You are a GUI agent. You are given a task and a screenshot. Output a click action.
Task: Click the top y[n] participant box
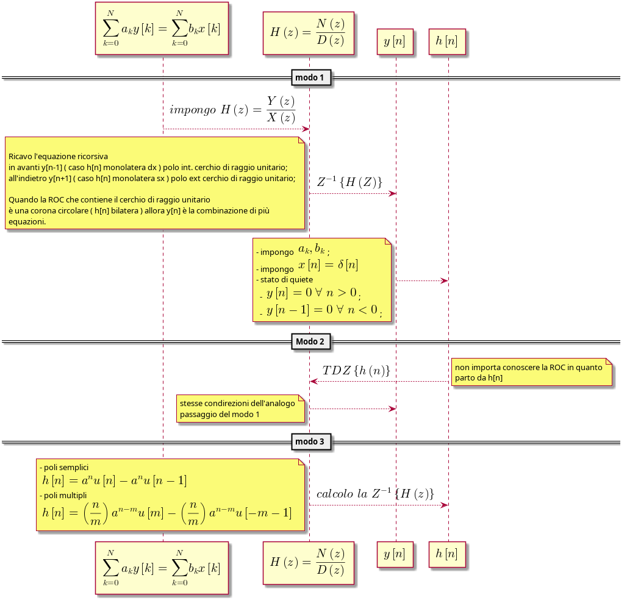coord(396,41)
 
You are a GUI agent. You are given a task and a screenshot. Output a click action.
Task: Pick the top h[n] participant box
coord(447,41)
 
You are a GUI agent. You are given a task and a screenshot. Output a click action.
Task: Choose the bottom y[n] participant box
coord(396,554)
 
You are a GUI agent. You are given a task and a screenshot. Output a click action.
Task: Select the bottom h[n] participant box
coord(447,554)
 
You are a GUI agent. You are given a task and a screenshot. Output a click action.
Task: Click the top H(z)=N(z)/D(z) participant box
coord(308,33)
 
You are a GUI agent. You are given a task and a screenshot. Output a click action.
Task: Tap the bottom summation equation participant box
coord(162,568)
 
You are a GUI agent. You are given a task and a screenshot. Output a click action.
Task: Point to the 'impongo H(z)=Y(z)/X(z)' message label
coord(232,110)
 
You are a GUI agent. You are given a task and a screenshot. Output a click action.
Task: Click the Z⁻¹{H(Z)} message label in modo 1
coord(349,182)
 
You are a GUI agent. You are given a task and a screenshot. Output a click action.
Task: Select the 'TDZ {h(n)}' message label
coord(356,370)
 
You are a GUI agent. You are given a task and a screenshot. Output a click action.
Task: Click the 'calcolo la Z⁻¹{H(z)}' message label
coord(374,493)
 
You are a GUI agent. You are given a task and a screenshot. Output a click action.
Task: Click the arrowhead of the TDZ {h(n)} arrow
coord(313,381)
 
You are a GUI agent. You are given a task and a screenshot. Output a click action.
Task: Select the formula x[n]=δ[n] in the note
coord(328,265)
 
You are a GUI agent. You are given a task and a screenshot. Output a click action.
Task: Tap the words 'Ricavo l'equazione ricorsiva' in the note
coord(58,157)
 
